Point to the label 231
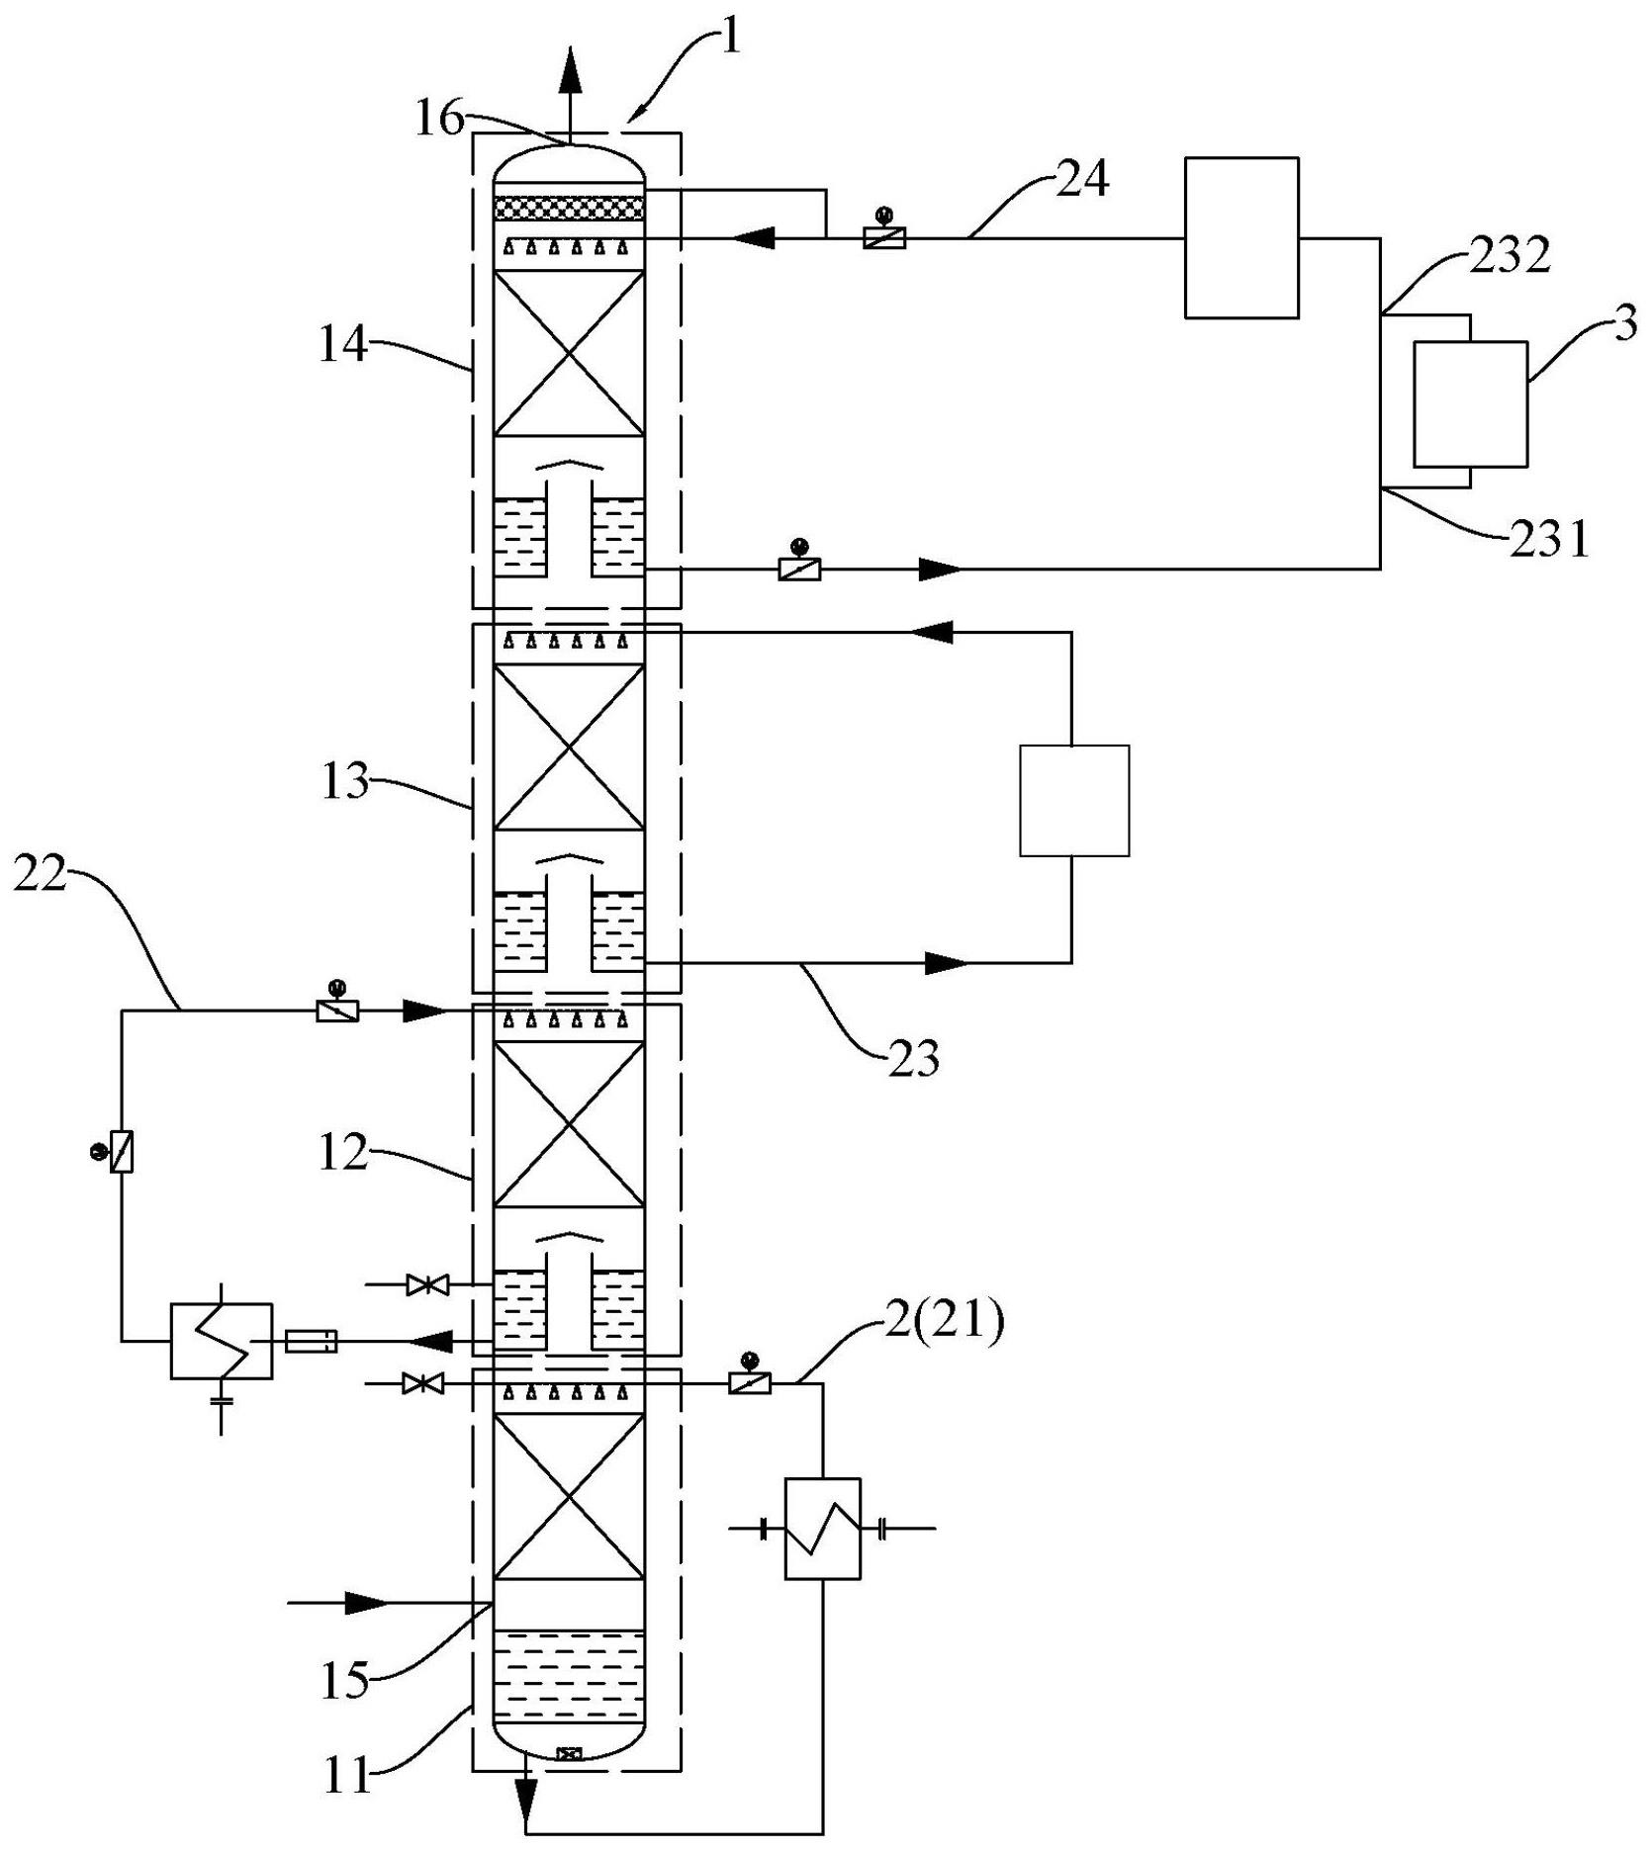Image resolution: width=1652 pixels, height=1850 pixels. (x=1549, y=541)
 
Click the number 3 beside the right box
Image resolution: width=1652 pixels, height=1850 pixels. (x=1623, y=324)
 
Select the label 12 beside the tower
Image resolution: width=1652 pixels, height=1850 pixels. (x=343, y=1153)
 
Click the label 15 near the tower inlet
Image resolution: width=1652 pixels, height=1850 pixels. (x=344, y=1680)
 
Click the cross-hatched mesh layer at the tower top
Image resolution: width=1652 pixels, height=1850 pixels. (x=569, y=208)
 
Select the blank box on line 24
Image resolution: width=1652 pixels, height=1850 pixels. (x=1241, y=237)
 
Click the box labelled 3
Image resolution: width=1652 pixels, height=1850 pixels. (x=1469, y=403)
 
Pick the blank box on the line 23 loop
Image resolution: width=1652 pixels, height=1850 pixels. (x=1074, y=800)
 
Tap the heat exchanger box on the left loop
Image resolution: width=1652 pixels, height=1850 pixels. (x=222, y=1340)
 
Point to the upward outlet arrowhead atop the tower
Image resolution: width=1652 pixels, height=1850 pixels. (x=570, y=71)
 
